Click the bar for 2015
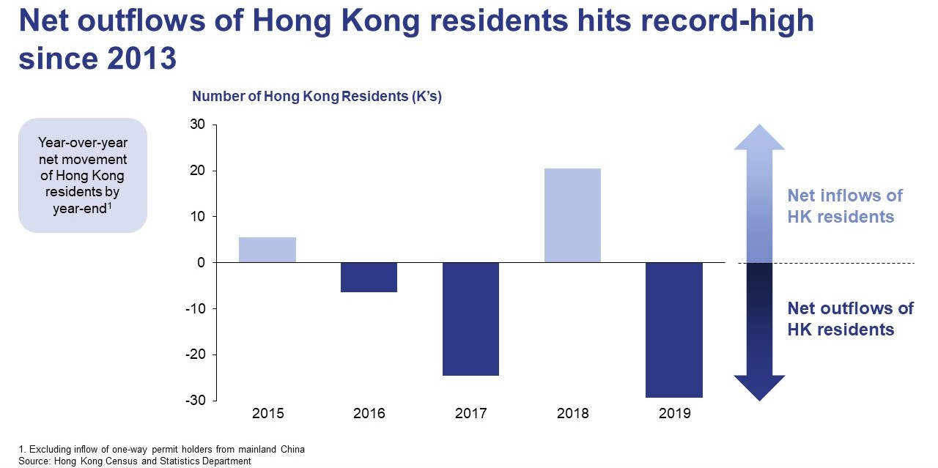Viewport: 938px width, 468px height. click(267, 250)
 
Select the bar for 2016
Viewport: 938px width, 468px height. click(369, 278)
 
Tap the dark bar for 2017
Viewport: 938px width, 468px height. click(470, 319)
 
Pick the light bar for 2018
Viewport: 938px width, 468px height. click(572, 215)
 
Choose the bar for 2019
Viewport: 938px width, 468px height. click(674, 330)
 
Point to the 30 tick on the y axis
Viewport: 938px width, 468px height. click(198, 125)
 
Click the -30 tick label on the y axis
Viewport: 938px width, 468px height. click(196, 401)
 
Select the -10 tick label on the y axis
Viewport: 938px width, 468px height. click(196, 309)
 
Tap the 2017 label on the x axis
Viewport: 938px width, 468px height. click(470, 415)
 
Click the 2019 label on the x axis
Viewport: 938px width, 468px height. click(674, 415)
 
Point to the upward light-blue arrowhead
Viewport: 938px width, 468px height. click(759, 137)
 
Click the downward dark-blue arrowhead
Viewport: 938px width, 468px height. click(759, 387)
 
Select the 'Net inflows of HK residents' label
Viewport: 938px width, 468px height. click(845, 206)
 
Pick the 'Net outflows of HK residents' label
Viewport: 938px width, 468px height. click(850, 319)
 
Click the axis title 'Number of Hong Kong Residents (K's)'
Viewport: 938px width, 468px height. click(317, 96)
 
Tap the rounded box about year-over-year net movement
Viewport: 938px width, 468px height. click(83, 176)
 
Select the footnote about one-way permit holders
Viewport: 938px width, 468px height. click(161, 449)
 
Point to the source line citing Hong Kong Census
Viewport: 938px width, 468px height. click(135, 461)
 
